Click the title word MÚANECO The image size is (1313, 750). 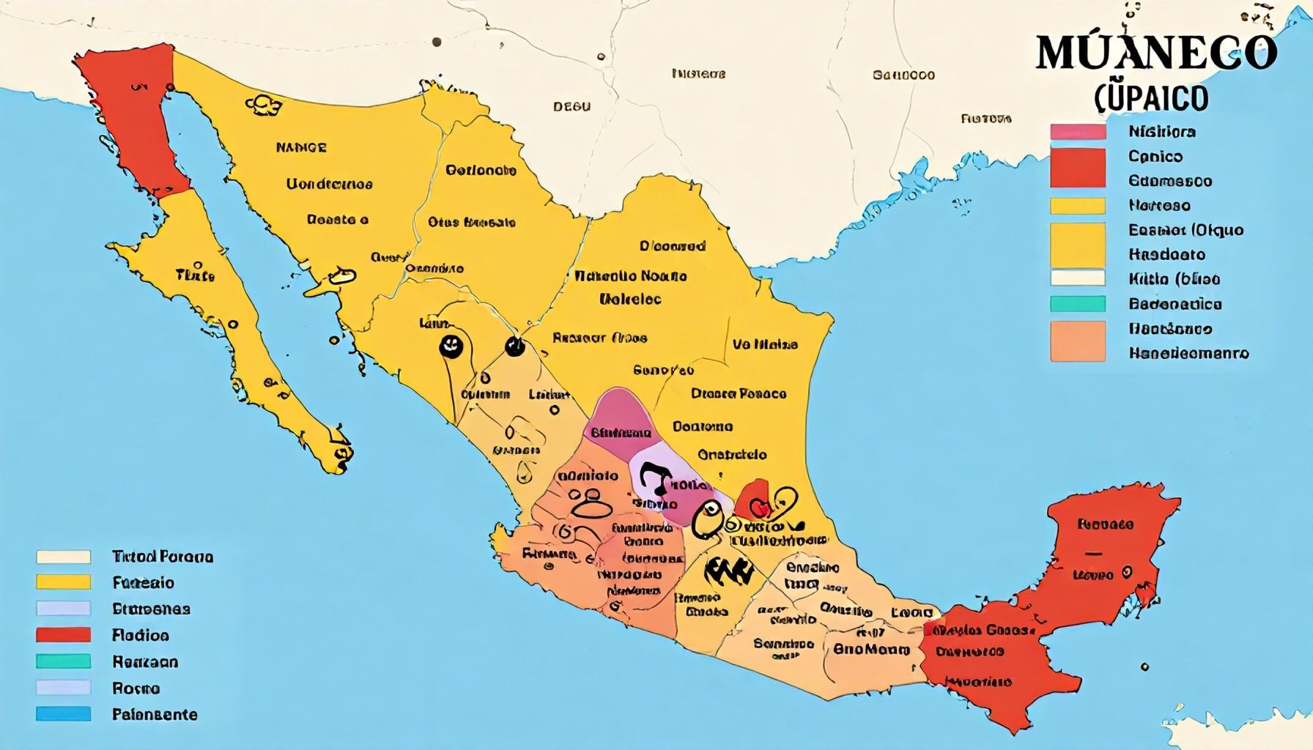1156,52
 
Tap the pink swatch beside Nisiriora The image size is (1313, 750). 1077,132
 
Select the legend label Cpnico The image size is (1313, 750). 1155,156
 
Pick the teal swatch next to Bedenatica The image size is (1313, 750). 1077,303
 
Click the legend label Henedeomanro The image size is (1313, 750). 1188,353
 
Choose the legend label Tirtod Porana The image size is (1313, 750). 163,557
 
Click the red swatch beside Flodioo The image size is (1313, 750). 63,635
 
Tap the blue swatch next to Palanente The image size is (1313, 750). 63,714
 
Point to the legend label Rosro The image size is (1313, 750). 136,688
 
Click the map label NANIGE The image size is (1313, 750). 301,147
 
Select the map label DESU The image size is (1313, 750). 572,107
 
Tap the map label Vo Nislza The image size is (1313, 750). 765,344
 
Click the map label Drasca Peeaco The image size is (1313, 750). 738,394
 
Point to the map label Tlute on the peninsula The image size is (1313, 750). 195,275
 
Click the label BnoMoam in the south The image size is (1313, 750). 871,650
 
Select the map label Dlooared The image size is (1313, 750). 672,246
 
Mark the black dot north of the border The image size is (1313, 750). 437,42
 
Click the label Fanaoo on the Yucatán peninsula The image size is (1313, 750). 1106,524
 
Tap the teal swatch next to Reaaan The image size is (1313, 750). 63,661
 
